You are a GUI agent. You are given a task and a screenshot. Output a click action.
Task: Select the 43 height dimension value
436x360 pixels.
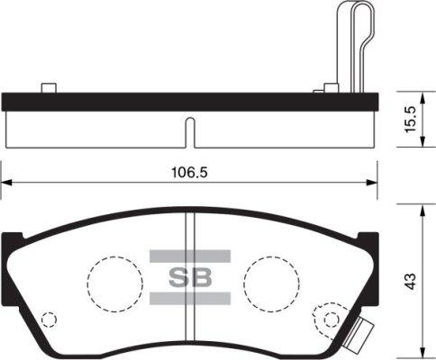pos(412,281)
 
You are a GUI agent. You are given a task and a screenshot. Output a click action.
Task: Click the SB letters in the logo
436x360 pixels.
pos(190,278)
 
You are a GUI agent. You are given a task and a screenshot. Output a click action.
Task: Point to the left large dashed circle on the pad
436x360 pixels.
pos(114,280)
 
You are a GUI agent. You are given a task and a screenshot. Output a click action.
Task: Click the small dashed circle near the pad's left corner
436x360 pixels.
pos(50,319)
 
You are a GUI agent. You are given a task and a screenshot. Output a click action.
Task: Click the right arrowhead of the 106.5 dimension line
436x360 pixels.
pos(374,184)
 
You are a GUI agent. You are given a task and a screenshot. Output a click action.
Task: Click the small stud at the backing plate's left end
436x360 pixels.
pos(49,87)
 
